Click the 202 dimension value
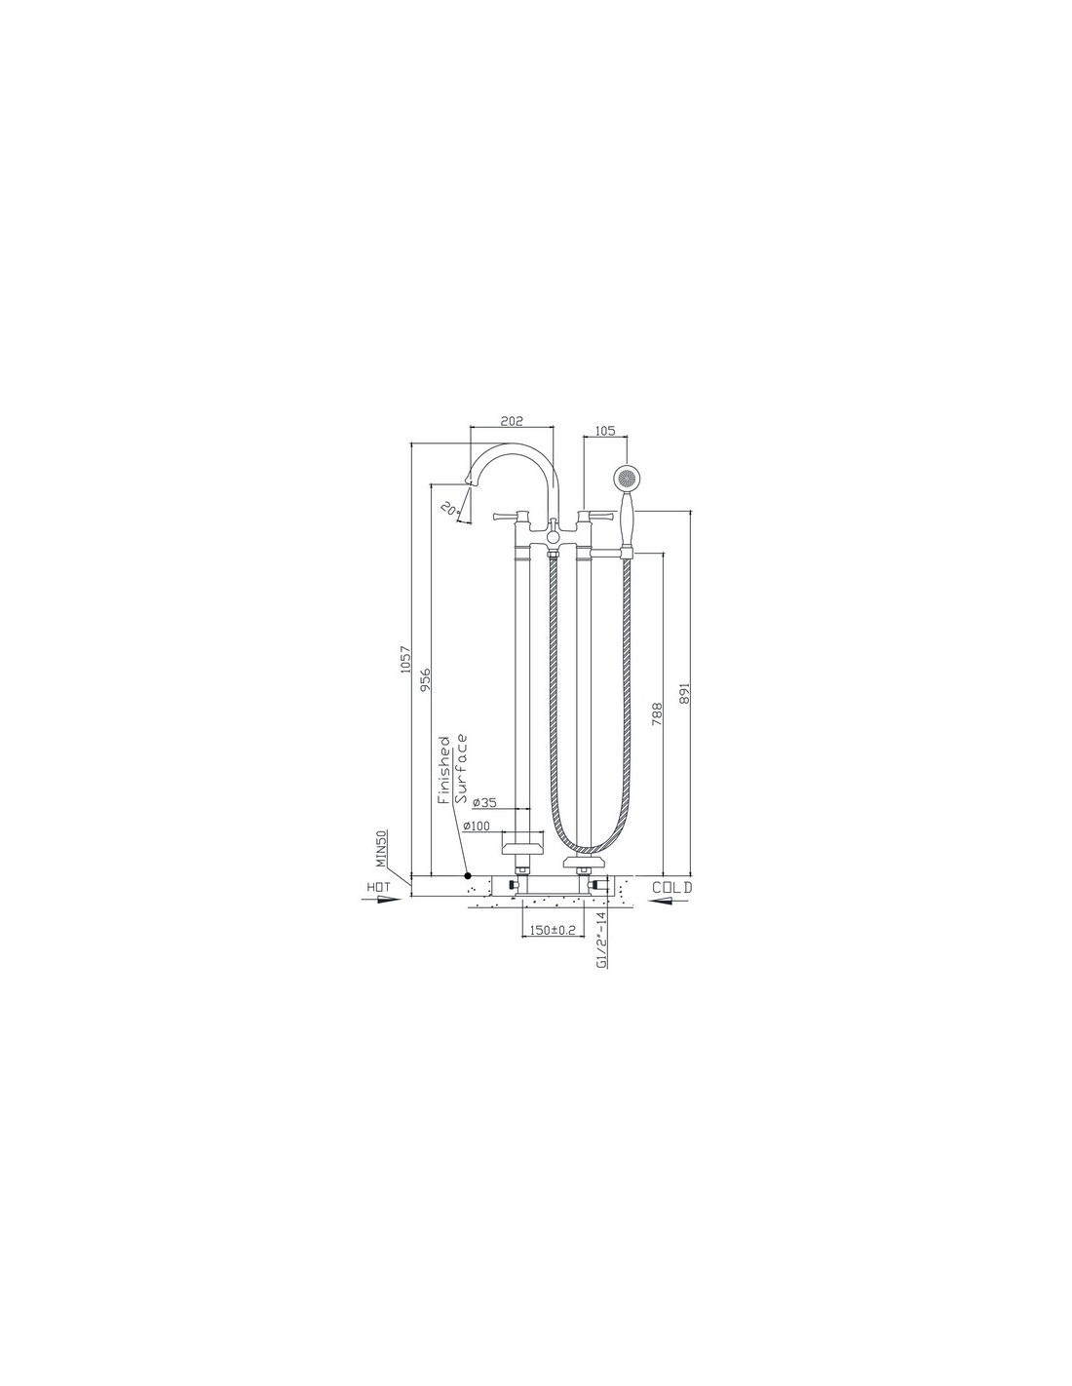511,421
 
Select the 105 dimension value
604,431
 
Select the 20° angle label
449,508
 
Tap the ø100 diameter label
477,826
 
